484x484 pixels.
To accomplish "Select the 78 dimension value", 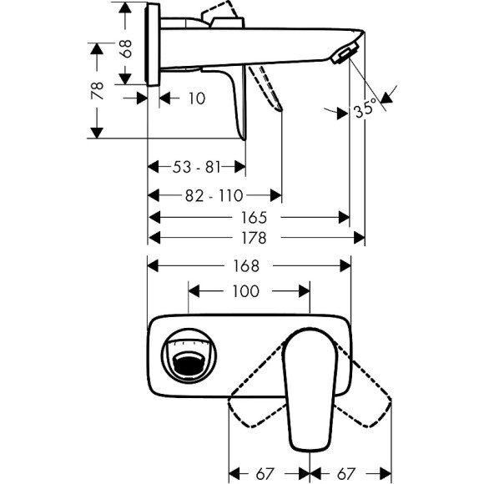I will click(x=98, y=90).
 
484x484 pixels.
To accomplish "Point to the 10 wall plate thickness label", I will click(x=194, y=98).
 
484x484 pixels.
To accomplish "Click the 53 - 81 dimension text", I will click(x=197, y=168).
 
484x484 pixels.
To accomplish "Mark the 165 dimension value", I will click(x=248, y=218).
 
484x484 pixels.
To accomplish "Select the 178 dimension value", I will click(x=248, y=238).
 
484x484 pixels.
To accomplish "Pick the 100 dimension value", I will click(x=248, y=291).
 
